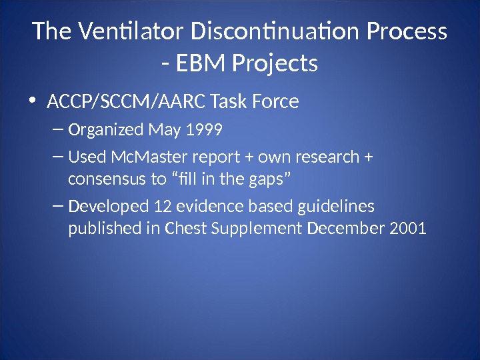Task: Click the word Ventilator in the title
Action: [x=131, y=31]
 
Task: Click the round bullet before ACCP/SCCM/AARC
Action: [x=33, y=102]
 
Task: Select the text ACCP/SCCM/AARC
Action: [x=125, y=102]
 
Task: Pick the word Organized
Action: [x=106, y=129]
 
